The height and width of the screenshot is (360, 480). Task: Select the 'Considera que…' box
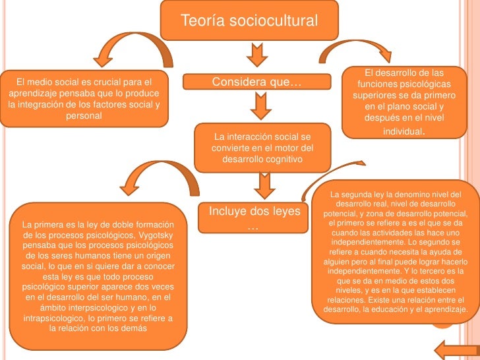pos(256,82)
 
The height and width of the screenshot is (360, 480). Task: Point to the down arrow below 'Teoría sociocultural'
pos(256,55)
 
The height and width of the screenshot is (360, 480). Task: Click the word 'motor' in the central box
pos(279,148)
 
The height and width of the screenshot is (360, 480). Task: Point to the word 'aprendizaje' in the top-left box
pos(33,94)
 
